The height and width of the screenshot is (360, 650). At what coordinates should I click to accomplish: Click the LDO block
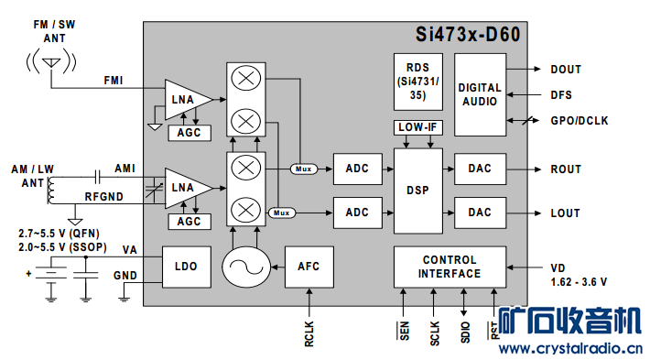(187, 267)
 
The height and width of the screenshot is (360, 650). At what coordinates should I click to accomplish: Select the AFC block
(309, 267)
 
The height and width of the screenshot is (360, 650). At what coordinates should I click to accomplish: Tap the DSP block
(418, 191)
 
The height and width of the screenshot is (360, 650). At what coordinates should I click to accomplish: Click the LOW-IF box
(418, 127)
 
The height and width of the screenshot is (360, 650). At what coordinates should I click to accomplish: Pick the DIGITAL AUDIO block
(480, 94)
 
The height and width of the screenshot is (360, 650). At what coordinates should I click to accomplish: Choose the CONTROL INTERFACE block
(450, 267)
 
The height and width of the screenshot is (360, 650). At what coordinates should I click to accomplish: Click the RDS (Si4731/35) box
(418, 82)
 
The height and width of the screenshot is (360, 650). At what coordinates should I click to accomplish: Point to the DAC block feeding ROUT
(480, 169)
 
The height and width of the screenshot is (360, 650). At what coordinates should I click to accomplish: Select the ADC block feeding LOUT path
(358, 213)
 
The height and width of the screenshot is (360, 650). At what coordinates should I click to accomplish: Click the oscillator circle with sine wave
(246, 267)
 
